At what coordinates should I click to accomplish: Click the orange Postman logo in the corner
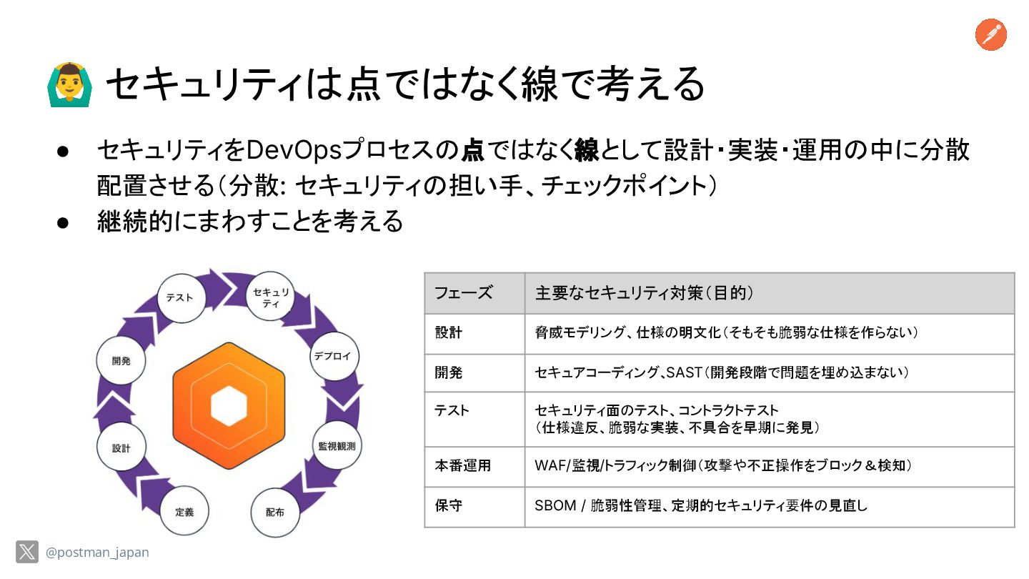[990, 35]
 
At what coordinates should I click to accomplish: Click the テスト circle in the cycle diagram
[179, 297]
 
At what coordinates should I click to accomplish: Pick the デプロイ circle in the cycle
[333, 355]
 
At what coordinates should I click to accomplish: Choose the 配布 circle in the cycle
[275, 513]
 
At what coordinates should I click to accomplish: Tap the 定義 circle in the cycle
[184, 512]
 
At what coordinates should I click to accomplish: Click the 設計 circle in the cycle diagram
[121, 447]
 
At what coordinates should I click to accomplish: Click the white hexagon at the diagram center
[229, 405]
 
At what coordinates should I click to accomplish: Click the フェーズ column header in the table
[464, 293]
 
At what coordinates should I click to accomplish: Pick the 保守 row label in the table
[449, 506]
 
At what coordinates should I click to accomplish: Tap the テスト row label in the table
[452, 410]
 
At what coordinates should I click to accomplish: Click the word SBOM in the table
[555, 506]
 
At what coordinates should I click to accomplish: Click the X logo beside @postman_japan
[27, 552]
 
